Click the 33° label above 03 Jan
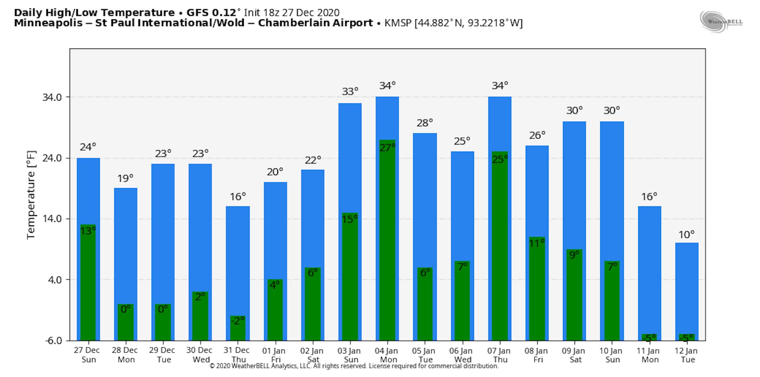(350, 91)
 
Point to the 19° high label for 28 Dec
(125, 179)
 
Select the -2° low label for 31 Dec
(237, 321)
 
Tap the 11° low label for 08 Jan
(537, 243)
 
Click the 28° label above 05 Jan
(425, 123)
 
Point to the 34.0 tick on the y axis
(52, 97)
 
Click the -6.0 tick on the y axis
(53, 340)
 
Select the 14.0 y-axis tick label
(52, 219)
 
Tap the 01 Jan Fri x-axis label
(275, 355)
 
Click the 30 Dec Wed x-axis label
(199, 355)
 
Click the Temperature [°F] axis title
(31, 195)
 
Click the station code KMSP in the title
(398, 23)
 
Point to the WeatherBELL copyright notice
(354, 366)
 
